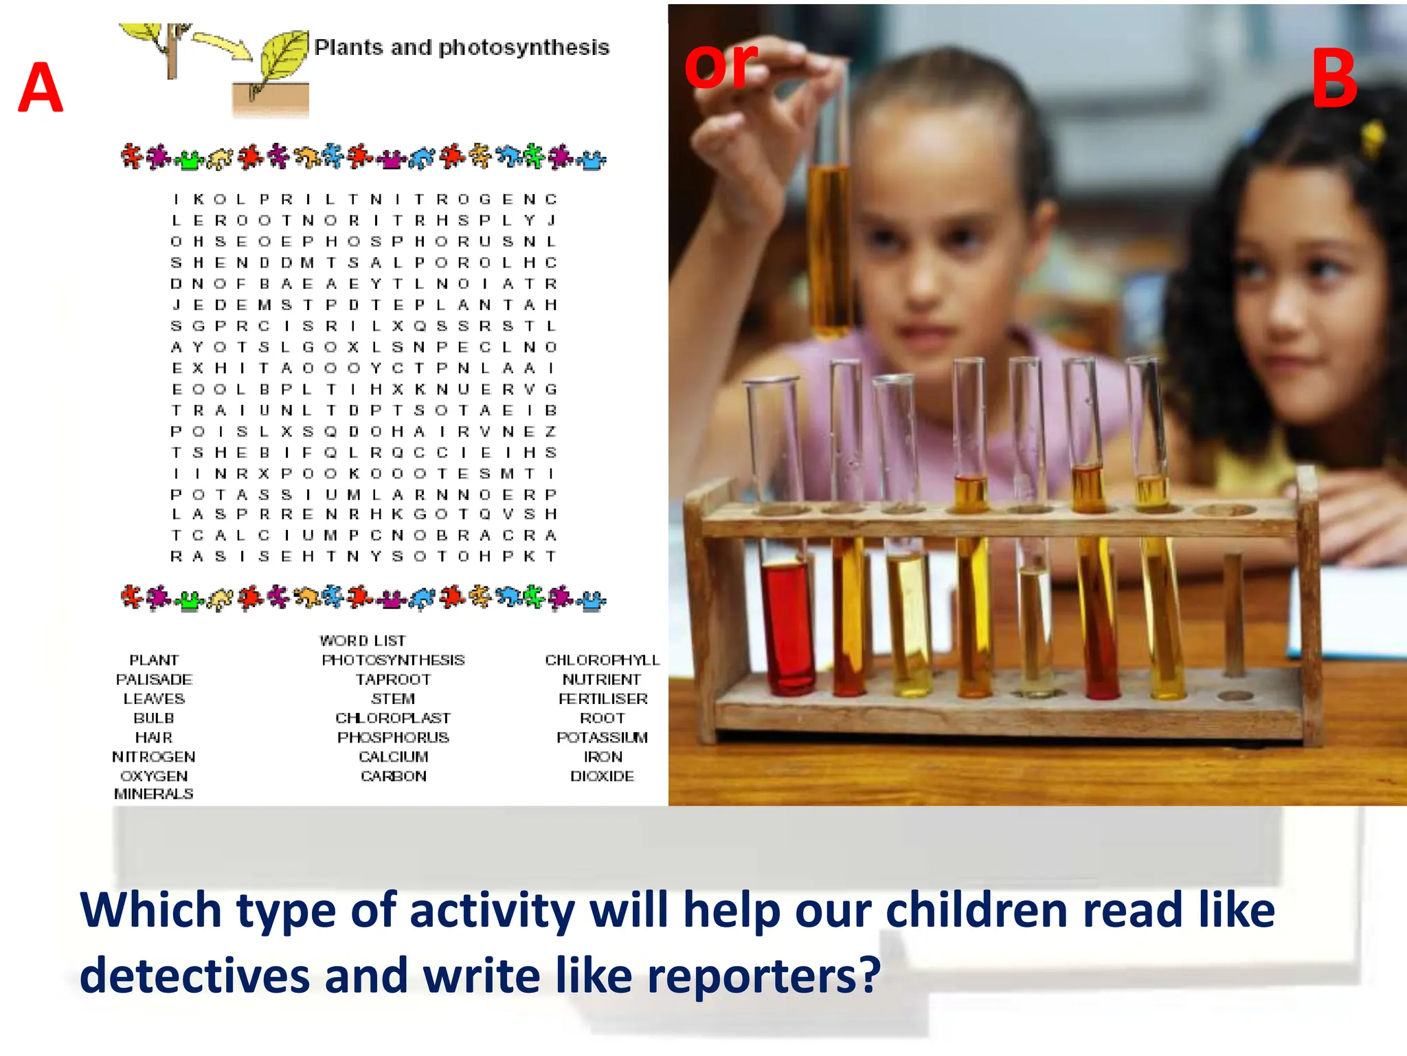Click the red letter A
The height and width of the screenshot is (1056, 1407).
[41, 87]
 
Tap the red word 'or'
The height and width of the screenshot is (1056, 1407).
[721, 65]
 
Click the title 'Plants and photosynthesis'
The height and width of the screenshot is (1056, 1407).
[462, 47]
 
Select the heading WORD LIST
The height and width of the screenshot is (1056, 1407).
[363, 641]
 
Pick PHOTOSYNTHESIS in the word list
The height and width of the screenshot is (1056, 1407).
[393, 660]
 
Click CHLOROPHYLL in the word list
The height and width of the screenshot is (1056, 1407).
[602, 660]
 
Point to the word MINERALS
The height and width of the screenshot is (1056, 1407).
[154, 794]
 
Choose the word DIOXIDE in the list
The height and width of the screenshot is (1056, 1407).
[602, 776]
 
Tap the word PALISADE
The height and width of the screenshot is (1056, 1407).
[154, 679]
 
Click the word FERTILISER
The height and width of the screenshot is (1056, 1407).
[603, 698]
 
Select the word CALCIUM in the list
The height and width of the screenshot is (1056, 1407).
[393, 757]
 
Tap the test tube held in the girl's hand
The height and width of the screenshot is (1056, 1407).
[830, 206]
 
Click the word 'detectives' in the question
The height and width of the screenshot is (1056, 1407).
[194, 976]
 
